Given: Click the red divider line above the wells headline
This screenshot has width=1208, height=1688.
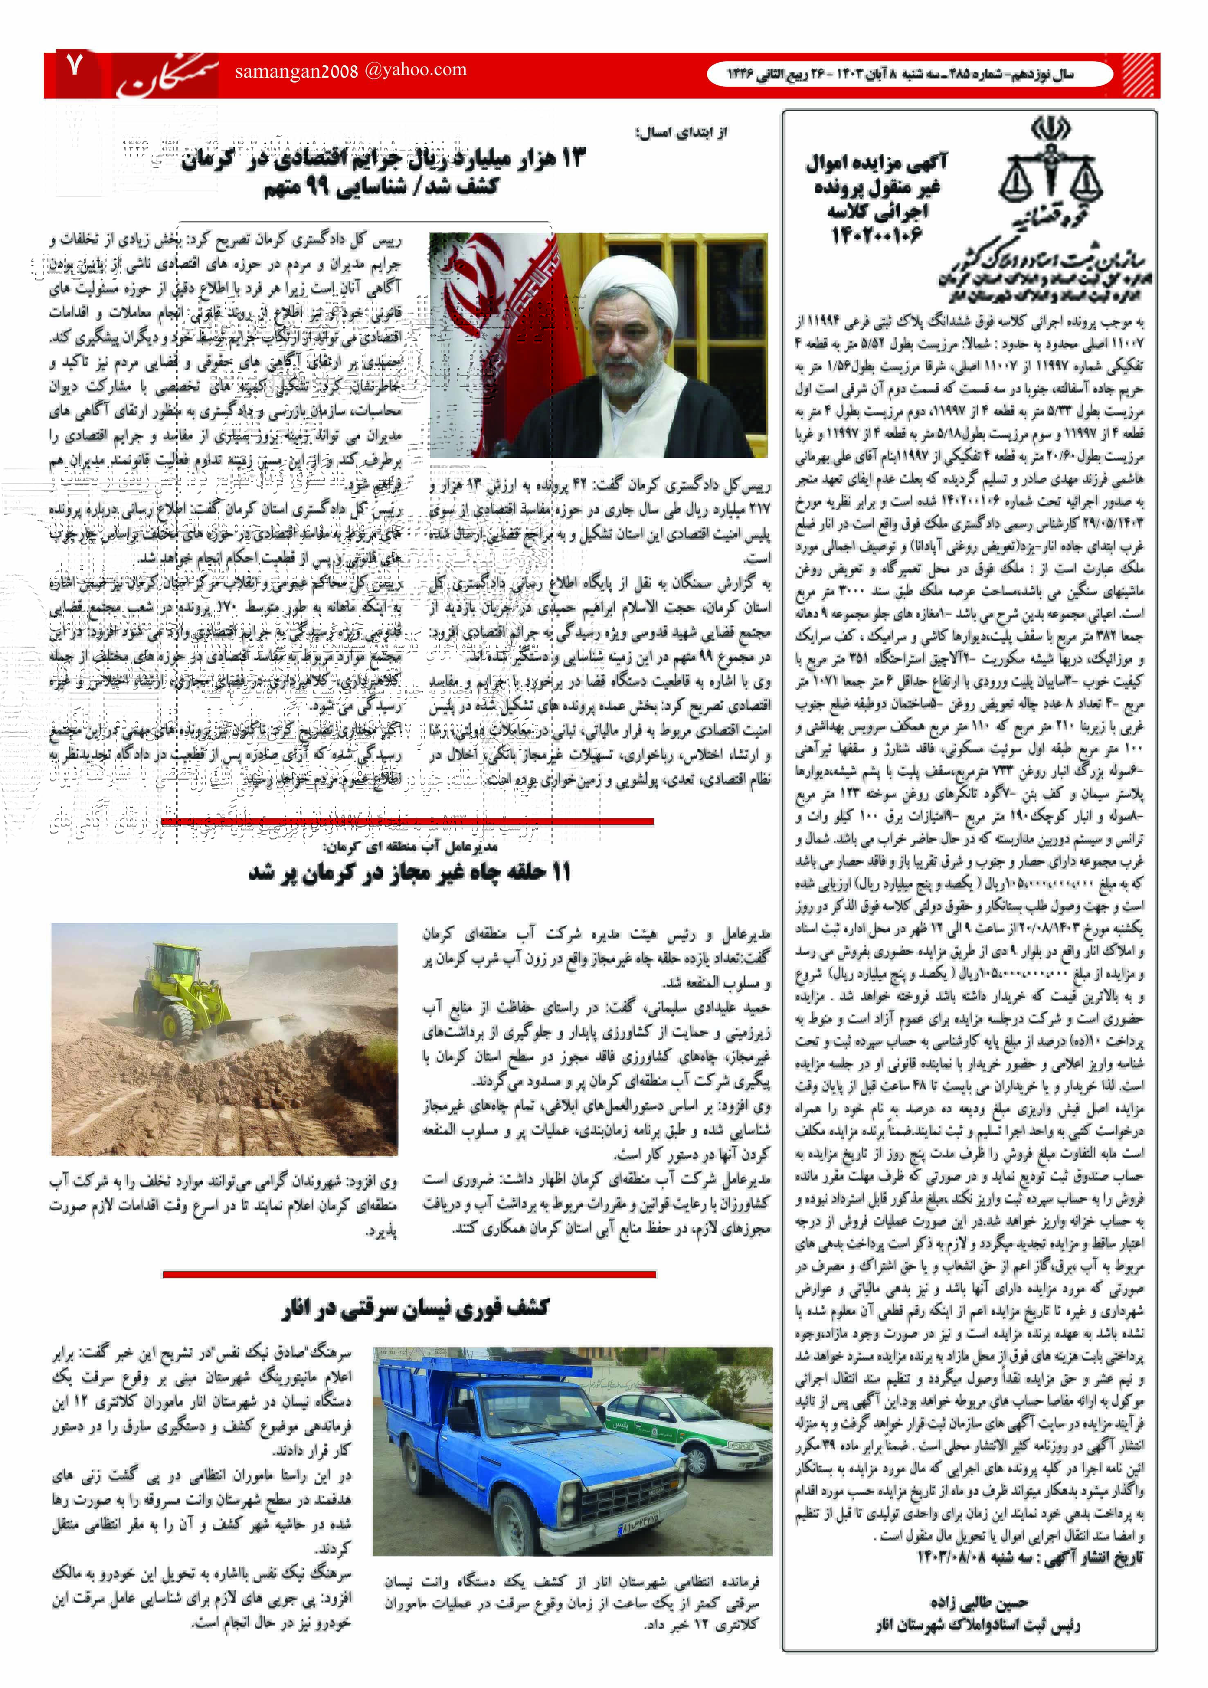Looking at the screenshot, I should pos(407,821).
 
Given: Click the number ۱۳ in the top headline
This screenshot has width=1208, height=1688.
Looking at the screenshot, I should pos(573,158).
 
